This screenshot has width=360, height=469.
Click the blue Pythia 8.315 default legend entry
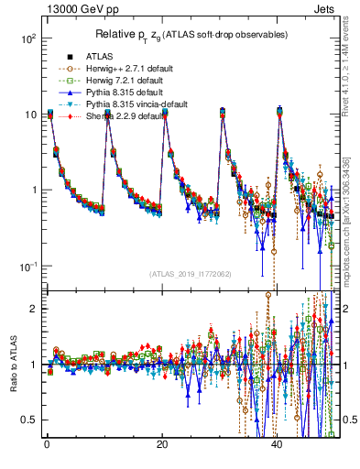coord(124,92)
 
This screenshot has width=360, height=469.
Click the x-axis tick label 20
coord(162,446)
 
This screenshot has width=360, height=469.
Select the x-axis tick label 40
coord(277,446)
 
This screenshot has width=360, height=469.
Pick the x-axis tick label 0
coord(47,446)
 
